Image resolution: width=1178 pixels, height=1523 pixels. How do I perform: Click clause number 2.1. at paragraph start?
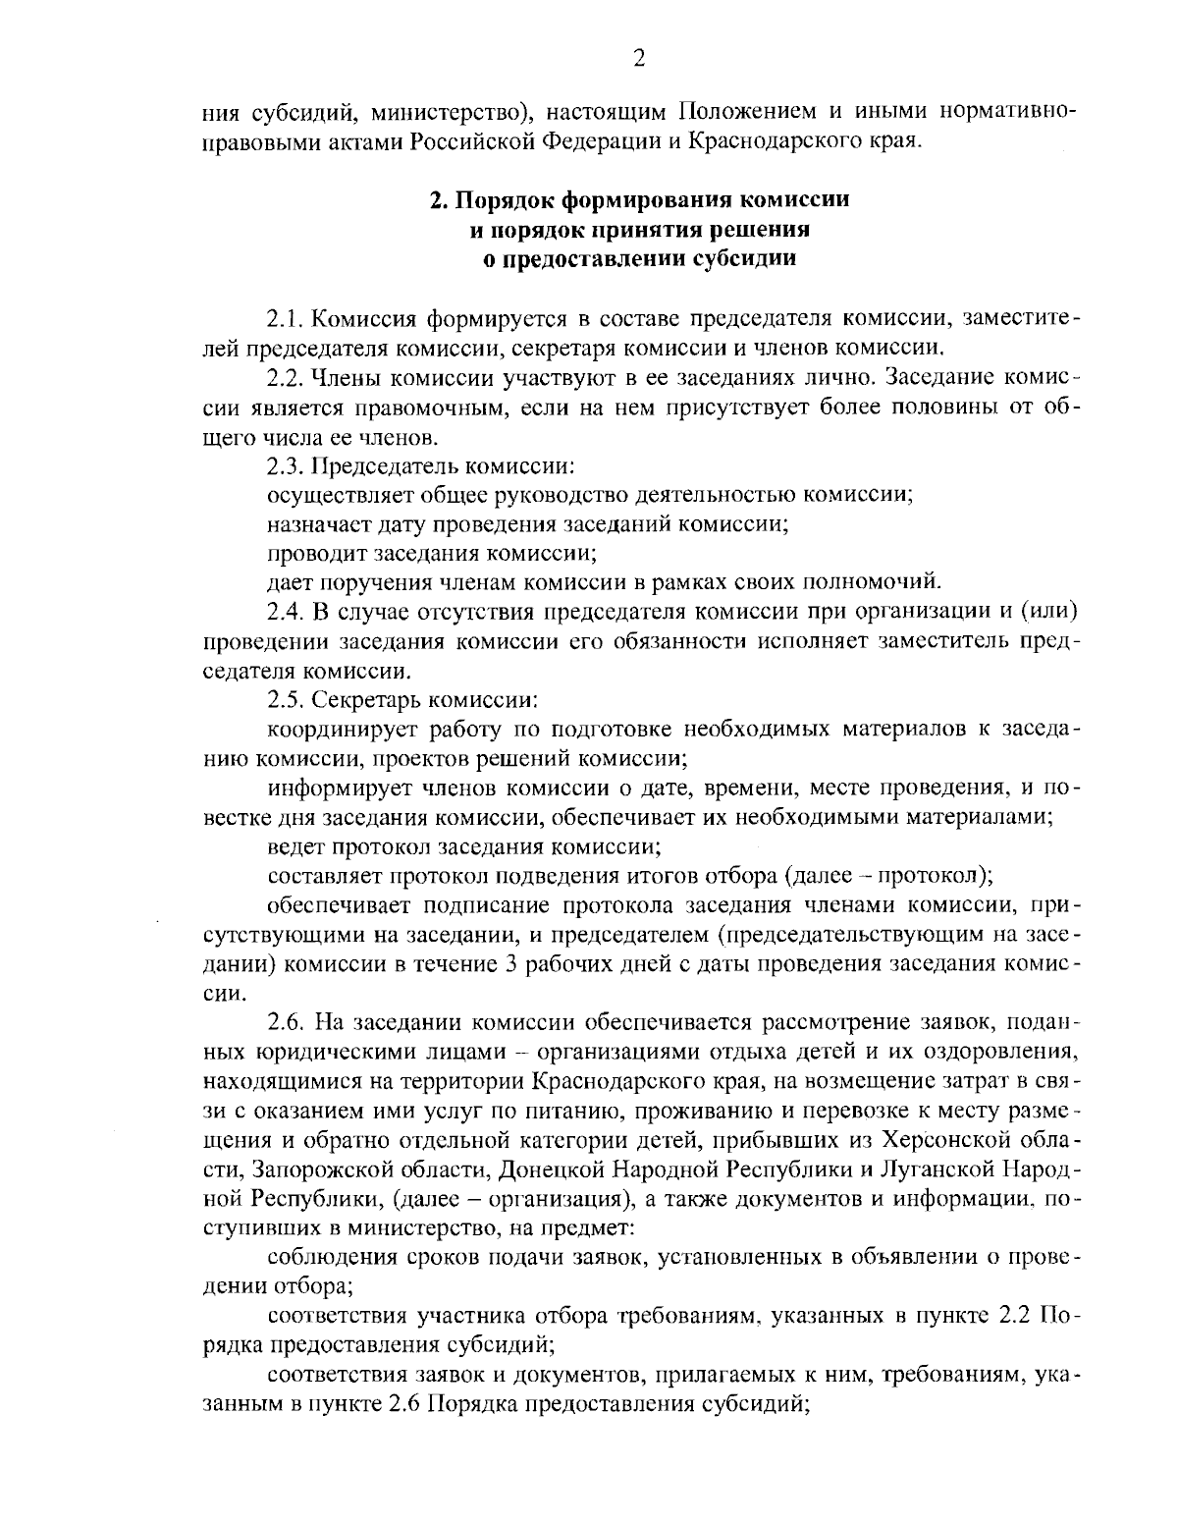288,319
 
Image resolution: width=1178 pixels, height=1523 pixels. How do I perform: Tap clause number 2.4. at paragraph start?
288,612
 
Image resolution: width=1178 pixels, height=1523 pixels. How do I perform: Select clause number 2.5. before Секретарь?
288,701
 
